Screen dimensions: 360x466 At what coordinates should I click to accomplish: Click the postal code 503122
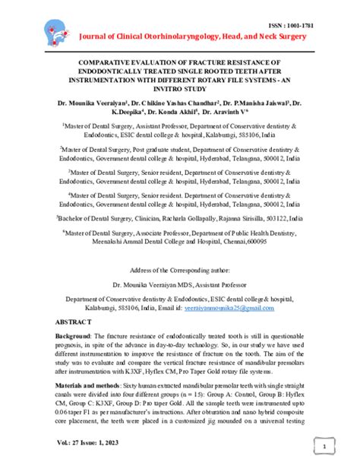269,217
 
